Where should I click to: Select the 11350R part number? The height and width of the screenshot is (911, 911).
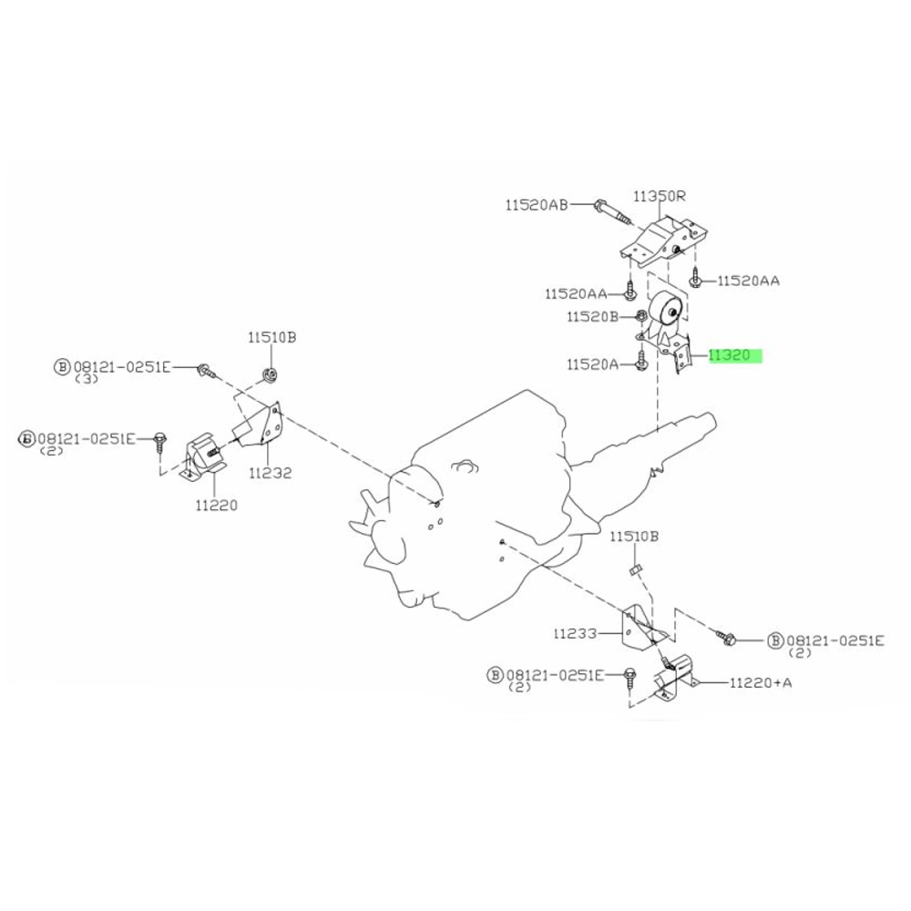[x=659, y=196]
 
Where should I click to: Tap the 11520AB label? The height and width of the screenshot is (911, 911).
[x=537, y=204]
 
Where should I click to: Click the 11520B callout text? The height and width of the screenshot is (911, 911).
[x=593, y=317]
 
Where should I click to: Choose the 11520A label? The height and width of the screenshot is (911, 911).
[x=593, y=364]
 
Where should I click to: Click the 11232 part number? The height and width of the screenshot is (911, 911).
[x=271, y=473]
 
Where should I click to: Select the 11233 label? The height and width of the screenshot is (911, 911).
[x=575, y=633]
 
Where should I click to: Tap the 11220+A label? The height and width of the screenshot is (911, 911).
[x=761, y=682]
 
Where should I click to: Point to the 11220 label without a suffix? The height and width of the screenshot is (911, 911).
[x=216, y=506]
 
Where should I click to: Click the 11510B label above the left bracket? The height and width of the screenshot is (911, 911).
[x=271, y=337]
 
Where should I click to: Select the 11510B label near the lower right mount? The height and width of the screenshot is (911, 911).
[x=634, y=537]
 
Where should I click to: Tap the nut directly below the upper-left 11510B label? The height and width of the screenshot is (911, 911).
[x=270, y=374]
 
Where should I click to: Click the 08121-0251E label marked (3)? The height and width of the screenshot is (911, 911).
[x=122, y=367]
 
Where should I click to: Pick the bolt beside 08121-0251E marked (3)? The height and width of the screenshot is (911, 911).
[x=206, y=370]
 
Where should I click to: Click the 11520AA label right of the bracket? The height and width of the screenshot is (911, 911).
[x=748, y=281]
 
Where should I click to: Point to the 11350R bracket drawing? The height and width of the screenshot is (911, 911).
[x=662, y=242]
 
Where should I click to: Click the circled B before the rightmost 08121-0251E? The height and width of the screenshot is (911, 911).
[x=775, y=640]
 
